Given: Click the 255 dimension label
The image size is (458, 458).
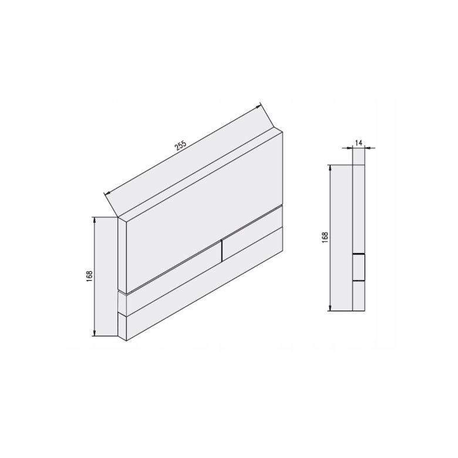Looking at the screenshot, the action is pos(181,146).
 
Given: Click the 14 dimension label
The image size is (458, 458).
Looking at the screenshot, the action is pos(359,143).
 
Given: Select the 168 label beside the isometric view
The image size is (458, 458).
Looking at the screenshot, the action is pos(89,276).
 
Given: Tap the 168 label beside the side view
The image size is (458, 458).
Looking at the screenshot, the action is pos(325,237).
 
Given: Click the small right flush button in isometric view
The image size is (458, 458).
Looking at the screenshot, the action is pos(252,233).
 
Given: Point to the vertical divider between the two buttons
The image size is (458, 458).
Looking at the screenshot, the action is pos(222,250).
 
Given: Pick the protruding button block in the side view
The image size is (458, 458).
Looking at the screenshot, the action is pos(359,267).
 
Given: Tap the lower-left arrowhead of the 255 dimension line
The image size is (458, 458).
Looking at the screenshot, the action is pos(107,193).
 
